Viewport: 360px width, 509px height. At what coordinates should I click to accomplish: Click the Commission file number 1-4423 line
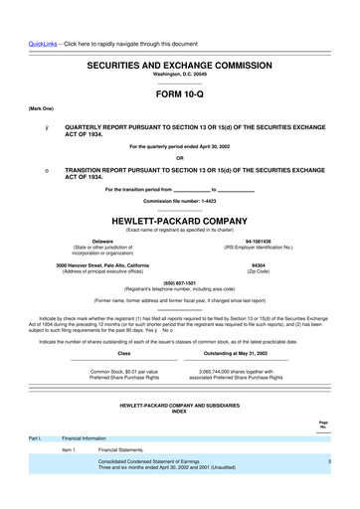click(x=179, y=201)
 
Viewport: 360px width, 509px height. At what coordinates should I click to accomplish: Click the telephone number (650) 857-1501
click(x=179, y=281)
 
